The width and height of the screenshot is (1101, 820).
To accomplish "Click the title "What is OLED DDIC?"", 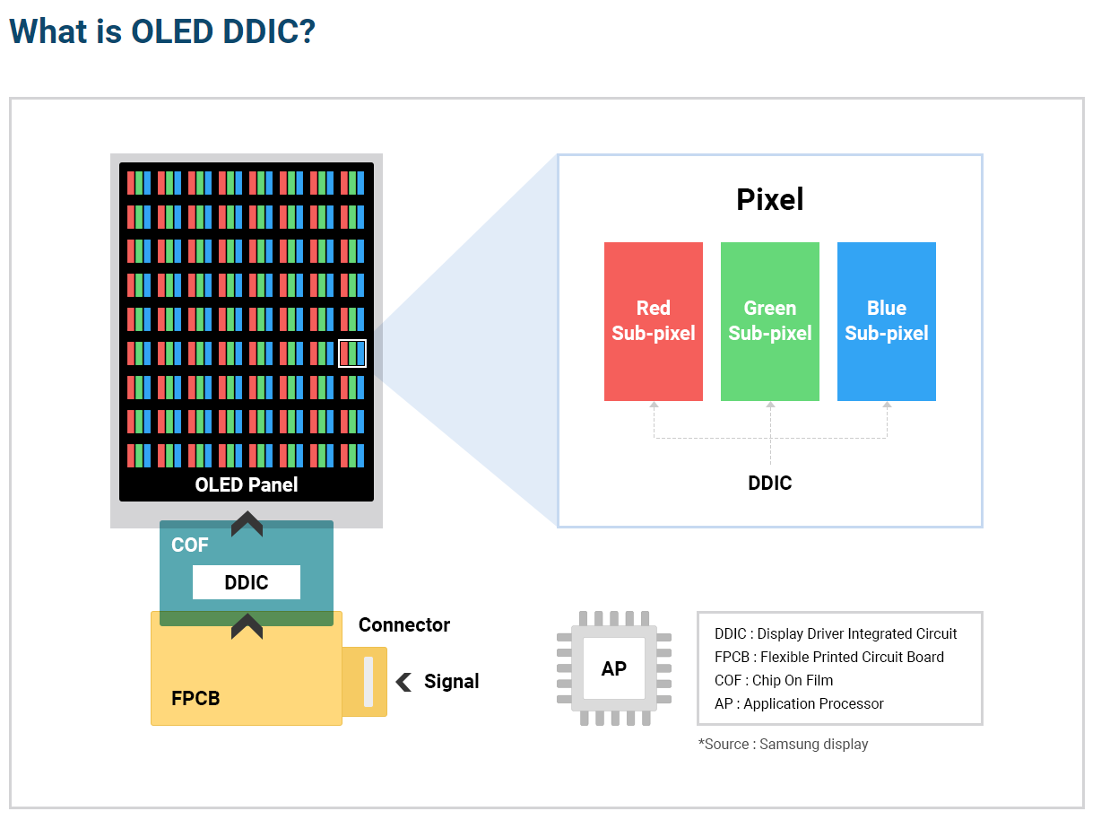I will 162,31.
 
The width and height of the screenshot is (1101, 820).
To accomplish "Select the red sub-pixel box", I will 653,321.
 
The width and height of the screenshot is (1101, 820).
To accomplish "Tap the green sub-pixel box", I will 769,321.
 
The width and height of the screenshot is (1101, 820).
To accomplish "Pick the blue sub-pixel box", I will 886,321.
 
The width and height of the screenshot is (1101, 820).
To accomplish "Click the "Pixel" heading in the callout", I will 769,199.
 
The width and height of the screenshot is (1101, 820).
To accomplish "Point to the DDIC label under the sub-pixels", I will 769,484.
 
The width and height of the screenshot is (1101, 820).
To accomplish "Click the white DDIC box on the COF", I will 246,582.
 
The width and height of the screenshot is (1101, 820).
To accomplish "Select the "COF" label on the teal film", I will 189,545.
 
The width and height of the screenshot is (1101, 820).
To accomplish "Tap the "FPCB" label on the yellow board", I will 195,698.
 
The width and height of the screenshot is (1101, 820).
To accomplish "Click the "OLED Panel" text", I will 246,485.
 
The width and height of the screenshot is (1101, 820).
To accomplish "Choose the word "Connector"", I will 404,625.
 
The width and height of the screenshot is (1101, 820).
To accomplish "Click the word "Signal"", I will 451,682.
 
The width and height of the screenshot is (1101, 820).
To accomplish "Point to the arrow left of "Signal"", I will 404,682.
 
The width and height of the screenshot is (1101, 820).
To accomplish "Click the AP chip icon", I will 613,668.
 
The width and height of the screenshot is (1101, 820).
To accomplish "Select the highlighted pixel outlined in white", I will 352,353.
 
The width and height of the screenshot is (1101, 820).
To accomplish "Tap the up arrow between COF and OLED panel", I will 247,524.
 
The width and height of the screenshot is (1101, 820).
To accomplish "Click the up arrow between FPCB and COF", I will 247,626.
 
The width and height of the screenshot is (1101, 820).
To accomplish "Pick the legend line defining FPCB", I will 828,657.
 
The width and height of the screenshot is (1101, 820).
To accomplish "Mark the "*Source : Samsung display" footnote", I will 783,744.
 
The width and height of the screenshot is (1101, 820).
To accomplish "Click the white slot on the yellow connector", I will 368,681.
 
